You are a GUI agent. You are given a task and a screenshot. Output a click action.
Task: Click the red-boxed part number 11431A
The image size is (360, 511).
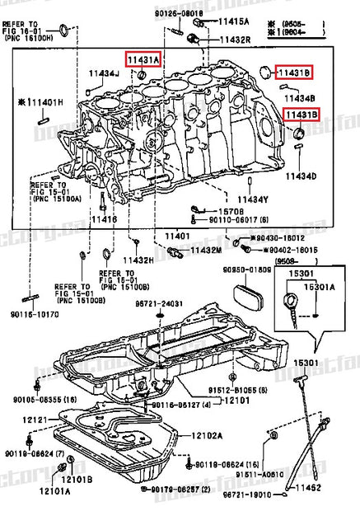coord(143,59)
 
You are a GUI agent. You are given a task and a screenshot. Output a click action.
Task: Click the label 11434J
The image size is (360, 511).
coord(105,73)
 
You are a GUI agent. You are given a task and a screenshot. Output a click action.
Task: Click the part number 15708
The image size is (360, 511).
coord(215,211)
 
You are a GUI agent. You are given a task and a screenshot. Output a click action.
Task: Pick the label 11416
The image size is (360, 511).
coord(104,219)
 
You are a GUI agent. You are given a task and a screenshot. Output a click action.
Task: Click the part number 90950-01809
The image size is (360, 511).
coord(240,270)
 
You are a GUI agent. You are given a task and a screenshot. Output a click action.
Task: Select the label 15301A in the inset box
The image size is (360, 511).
coord(322,287)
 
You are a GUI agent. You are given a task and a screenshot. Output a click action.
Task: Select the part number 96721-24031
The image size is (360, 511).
coord(160,303)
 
